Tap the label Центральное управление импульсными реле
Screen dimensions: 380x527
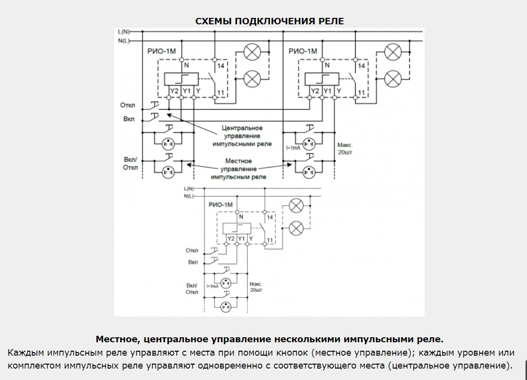point(242,136)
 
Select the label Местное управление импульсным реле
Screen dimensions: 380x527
point(238,169)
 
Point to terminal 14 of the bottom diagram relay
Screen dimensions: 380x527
point(270,218)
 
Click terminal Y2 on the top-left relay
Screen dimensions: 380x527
point(174,91)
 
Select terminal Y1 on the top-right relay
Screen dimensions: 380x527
point(327,91)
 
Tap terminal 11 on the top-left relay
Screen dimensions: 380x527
point(221,93)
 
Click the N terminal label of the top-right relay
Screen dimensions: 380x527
point(326,65)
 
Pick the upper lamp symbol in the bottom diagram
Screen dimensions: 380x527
point(297,205)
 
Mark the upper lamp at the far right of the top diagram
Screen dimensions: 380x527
point(394,52)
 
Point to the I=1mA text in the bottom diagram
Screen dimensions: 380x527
point(213,286)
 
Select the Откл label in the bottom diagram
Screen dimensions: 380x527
point(192,250)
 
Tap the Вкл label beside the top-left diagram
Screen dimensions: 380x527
point(129,119)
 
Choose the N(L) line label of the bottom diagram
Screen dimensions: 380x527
point(189,196)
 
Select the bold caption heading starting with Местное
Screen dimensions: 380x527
point(269,340)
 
